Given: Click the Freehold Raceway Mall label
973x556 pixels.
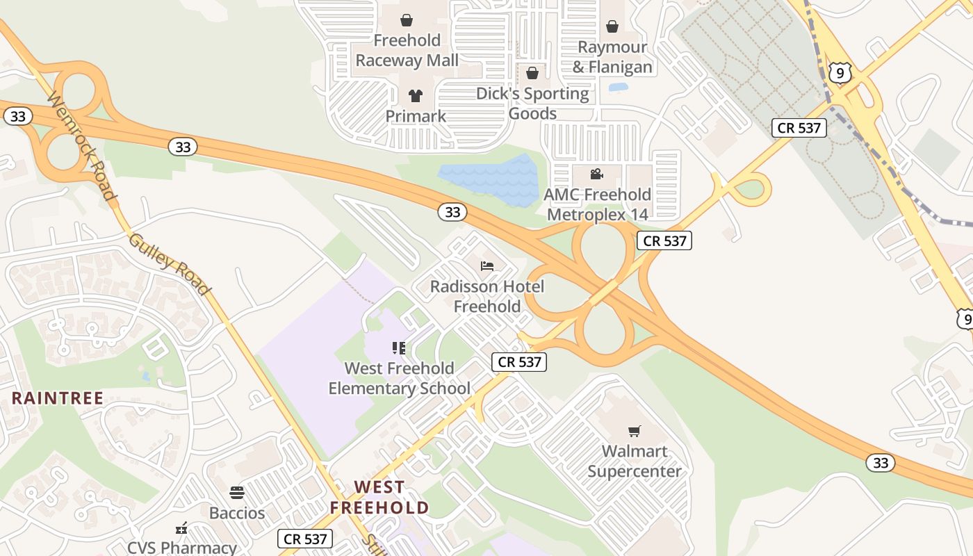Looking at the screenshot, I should tap(407, 50).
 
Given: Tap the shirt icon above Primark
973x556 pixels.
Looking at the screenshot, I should tap(416, 96).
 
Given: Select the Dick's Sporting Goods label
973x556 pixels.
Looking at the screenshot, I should tap(532, 103).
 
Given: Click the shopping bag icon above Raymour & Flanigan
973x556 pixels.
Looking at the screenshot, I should tap(612, 26).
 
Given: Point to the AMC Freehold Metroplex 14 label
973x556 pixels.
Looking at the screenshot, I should tap(598, 204).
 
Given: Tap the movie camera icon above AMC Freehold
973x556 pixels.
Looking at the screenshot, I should tap(596, 174).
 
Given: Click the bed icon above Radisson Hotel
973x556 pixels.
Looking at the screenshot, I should tap(487, 266).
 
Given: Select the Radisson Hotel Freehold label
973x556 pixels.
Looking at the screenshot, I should tap(487, 296).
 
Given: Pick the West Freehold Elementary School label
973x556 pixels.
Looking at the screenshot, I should tap(399, 378).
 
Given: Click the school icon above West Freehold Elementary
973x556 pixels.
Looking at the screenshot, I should tap(399, 347).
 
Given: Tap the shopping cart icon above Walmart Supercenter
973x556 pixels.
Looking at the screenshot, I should tap(634, 431).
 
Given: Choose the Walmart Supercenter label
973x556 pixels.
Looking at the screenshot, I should tap(635, 461).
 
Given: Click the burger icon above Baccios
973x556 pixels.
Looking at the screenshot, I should tap(237, 493).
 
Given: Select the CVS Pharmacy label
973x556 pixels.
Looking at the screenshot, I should tap(182, 547).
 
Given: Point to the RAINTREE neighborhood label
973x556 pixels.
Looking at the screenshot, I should tap(58, 398).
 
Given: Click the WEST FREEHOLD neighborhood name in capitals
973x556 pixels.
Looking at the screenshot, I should tap(379, 498).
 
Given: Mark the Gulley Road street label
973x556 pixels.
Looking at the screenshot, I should tap(169, 263).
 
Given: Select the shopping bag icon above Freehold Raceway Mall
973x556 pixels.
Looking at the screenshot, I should tap(407, 19).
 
